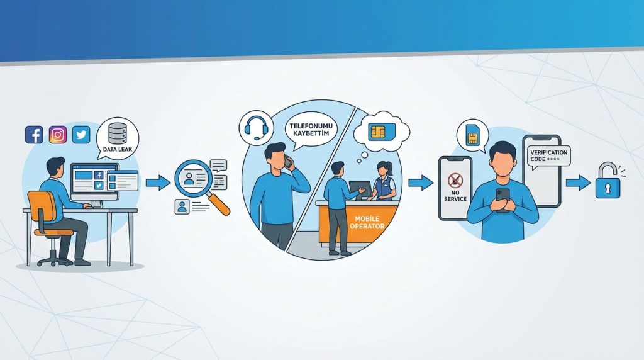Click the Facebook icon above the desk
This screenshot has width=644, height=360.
click(34, 135)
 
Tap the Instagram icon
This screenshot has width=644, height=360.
click(58, 135)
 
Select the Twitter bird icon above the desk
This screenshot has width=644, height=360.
click(81, 135)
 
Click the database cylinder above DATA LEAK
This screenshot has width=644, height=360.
click(118, 133)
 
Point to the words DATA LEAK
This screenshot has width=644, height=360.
click(118, 150)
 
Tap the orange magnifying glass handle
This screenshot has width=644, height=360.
click(219, 204)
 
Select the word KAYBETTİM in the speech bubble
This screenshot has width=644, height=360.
click(311, 133)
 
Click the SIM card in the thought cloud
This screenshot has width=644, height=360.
click(382, 132)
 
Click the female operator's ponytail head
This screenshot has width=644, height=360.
click(382, 168)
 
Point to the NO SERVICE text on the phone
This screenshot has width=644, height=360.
click(455, 196)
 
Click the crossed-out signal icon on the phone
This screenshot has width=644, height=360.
click(455, 180)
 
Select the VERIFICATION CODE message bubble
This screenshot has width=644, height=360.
click(548, 156)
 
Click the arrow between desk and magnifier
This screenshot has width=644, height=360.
click(158, 182)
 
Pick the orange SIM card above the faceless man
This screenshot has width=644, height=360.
click(473, 134)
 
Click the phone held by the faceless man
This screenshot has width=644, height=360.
click(502, 200)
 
